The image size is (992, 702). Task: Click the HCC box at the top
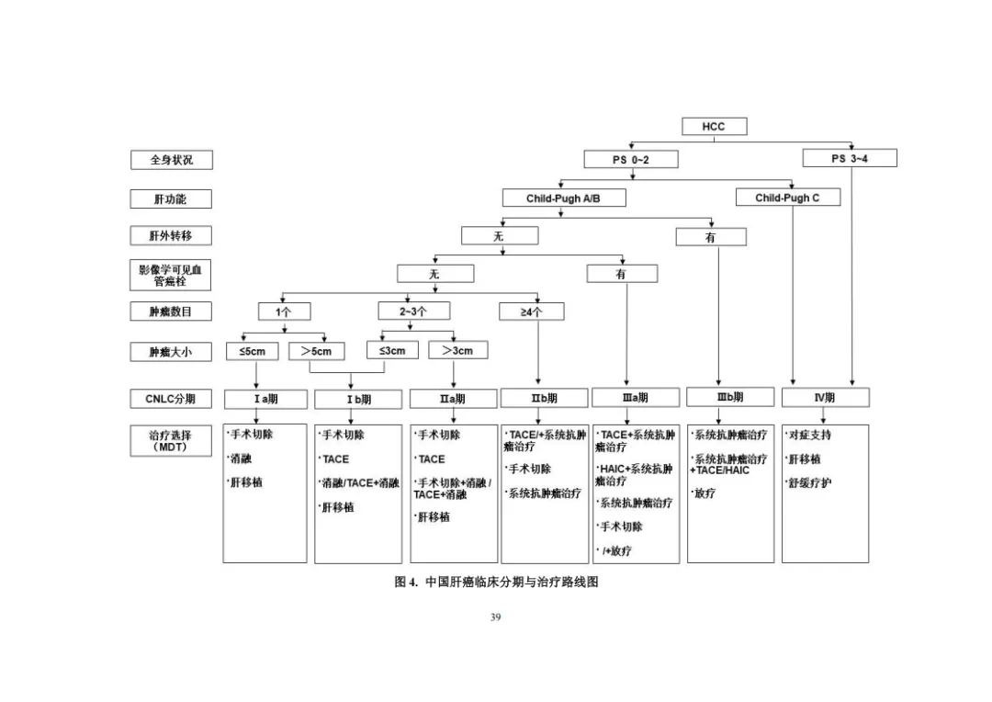714,127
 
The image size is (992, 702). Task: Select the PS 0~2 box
631,159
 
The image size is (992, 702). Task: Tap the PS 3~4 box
850,158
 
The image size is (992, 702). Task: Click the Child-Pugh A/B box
563,198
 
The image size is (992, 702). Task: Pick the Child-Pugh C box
787,198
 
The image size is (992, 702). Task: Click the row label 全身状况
172,159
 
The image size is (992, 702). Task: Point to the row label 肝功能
172,198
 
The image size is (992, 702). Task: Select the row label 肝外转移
172,236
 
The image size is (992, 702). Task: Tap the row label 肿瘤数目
172,311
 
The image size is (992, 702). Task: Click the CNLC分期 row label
172,399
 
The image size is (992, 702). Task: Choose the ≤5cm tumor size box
252,351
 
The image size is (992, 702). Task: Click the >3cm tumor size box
457,350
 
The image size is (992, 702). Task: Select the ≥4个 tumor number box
531,311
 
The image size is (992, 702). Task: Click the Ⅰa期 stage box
266,399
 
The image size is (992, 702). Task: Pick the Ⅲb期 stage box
729,398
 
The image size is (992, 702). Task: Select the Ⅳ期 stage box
824,398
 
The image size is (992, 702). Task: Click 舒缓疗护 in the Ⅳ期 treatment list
809,483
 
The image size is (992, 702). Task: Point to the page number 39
496,617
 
